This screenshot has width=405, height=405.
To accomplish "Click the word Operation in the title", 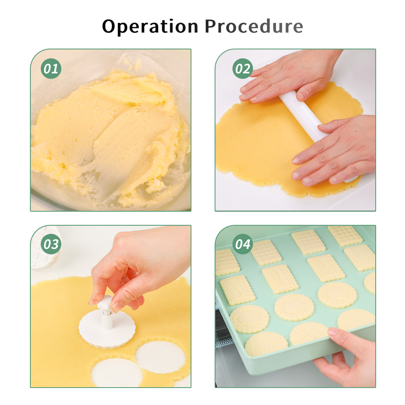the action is [x=150, y=26].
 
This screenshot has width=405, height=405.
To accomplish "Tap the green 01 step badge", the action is [x=51, y=68].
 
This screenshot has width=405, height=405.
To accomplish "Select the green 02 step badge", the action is [x=242, y=68].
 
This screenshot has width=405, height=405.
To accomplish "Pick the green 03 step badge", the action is [x=51, y=244].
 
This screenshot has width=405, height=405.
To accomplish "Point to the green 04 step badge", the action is [x=242, y=244].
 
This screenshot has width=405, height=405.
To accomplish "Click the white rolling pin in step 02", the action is [x=305, y=119].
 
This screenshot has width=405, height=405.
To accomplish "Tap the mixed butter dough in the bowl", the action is [x=108, y=134].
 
